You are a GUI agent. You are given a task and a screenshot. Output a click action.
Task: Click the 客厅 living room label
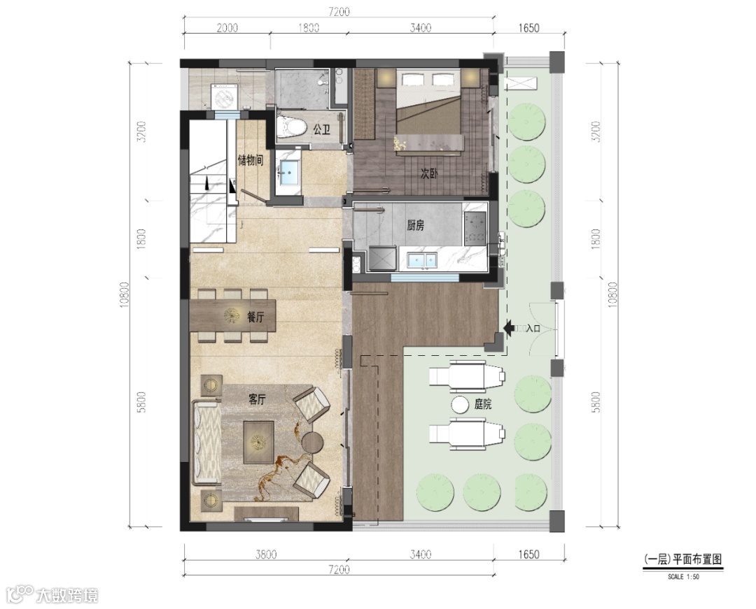click(256, 399)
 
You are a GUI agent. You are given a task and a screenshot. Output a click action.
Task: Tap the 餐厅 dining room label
click(255, 317)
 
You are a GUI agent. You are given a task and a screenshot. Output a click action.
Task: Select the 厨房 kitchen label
click(416, 225)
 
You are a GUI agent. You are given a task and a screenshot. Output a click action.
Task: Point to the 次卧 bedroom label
click(429, 173)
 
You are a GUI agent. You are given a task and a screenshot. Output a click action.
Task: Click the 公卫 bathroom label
click(321, 129)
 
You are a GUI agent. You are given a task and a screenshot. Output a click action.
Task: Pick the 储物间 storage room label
click(251, 160)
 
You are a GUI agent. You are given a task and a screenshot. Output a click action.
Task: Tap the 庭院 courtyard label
click(482, 404)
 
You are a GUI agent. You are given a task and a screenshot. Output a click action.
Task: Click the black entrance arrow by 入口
click(509, 328)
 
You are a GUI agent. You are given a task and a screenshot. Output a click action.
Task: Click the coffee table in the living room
click(258, 442)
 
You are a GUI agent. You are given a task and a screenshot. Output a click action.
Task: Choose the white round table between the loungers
click(460, 404)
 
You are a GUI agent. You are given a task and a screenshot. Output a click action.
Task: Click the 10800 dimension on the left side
click(125, 294)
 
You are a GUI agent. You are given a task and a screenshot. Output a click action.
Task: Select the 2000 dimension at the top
click(227, 27)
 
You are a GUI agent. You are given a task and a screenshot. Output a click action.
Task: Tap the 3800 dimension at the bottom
click(266, 554)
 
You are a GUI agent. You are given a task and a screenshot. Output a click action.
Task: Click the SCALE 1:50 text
click(683, 576)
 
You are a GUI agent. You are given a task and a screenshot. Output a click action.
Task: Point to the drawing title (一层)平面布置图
click(682, 559)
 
